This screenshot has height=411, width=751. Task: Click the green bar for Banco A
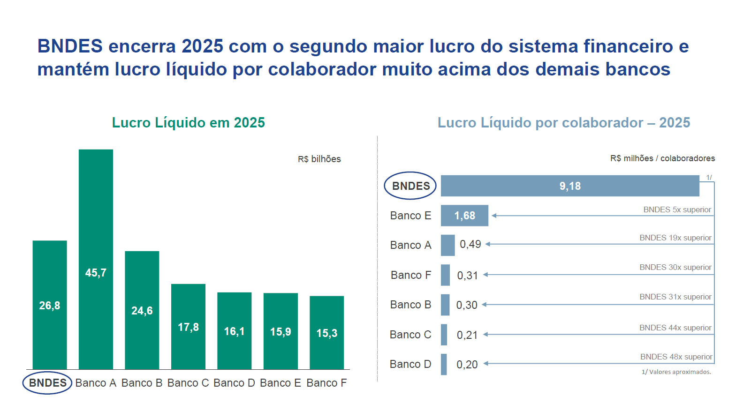pyautogui.click(x=96, y=211)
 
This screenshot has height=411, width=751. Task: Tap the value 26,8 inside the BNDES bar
pyautogui.click(x=50, y=306)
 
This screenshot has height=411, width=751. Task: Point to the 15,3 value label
pyautogui.click(x=327, y=333)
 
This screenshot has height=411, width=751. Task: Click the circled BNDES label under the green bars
pyautogui.click(x=47, y=383)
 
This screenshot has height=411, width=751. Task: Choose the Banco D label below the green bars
pyautogui.click(x=234, y=383)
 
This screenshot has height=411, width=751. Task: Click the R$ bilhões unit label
pyautogui.click(x=319, y=159)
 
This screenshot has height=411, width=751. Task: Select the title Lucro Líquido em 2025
pyautogui.click(x=188, y=122)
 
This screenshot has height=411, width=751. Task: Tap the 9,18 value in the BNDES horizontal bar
pyautogui.click(x=570, y=186)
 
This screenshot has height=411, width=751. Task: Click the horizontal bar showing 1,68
pyautogui.click(x=464, y=216)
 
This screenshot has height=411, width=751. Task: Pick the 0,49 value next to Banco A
pyautogui.click(x=470, y=244)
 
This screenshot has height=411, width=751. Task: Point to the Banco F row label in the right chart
pyautogui.click(x=410, y=275)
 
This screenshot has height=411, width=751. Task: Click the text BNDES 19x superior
pyautogui.click(x=675, y=238)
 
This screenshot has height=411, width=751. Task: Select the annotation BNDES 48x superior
pyautogui.click(x=676, y=357)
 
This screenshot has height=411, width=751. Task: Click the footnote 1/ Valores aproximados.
pyautogui.click(x=676, y=372)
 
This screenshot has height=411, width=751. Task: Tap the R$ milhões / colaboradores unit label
pyautogui.click(x=662, y=158)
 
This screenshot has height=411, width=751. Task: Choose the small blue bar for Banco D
pyautogui.click(x=444, y=364)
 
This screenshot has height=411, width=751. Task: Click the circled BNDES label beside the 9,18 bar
pyautogui.click(x=410, y=186)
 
